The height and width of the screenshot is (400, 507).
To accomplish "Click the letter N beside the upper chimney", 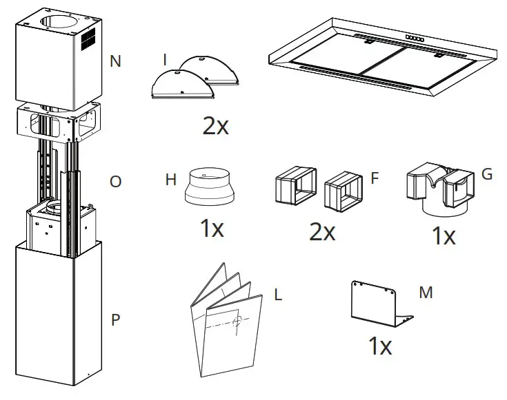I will (115, 61).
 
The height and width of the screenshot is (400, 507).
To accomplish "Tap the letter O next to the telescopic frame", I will (115, 182).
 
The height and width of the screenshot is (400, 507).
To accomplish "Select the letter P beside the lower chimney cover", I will (115, 321).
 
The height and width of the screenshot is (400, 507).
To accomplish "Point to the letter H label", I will (171, 180).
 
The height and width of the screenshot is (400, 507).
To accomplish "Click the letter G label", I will (487, 173).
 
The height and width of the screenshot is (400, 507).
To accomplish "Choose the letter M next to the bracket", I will (426, 293).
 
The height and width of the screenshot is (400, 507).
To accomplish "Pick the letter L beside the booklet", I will (278, 295).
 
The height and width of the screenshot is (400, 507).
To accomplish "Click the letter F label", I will (375, 178).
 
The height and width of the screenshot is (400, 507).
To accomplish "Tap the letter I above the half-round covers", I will (165, 61).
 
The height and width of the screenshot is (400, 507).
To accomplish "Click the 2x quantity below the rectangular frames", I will (322, 232).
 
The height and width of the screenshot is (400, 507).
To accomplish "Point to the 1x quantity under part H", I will (211, 229).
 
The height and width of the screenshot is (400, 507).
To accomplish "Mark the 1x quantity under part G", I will (443, 236).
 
